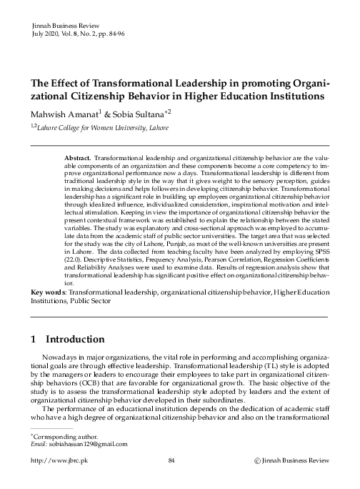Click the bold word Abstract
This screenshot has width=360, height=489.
point(77,157)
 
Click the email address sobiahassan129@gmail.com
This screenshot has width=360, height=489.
point(86,444)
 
